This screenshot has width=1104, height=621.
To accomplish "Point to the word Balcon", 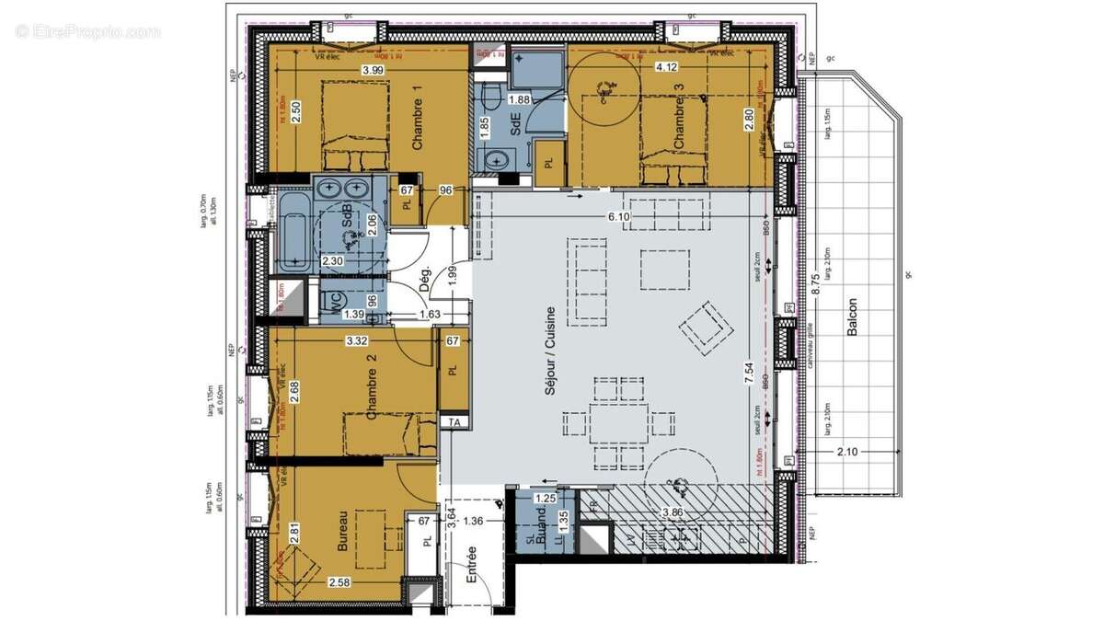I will click(x=853, y=316).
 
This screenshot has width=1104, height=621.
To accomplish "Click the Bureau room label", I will click(x=342, y=532).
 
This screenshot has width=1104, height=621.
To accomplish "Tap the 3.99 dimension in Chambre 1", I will click(x=374, y=70).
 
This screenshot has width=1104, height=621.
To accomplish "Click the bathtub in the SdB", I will click(x=293, y=233).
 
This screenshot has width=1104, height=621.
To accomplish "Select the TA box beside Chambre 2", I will click(x=454, y=422).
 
